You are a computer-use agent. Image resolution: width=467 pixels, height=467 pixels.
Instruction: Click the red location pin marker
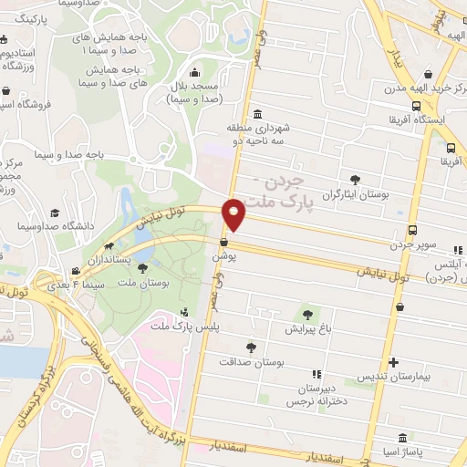[235, 213]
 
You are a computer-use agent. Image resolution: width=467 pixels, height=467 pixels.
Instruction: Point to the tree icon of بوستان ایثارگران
[354, 180]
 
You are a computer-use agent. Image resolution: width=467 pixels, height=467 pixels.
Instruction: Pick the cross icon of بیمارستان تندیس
[393, 361]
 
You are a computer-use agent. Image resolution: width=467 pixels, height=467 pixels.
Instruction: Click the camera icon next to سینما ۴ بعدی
[76, 271]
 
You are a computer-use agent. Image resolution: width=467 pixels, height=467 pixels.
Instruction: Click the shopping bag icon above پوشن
[223, 242]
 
